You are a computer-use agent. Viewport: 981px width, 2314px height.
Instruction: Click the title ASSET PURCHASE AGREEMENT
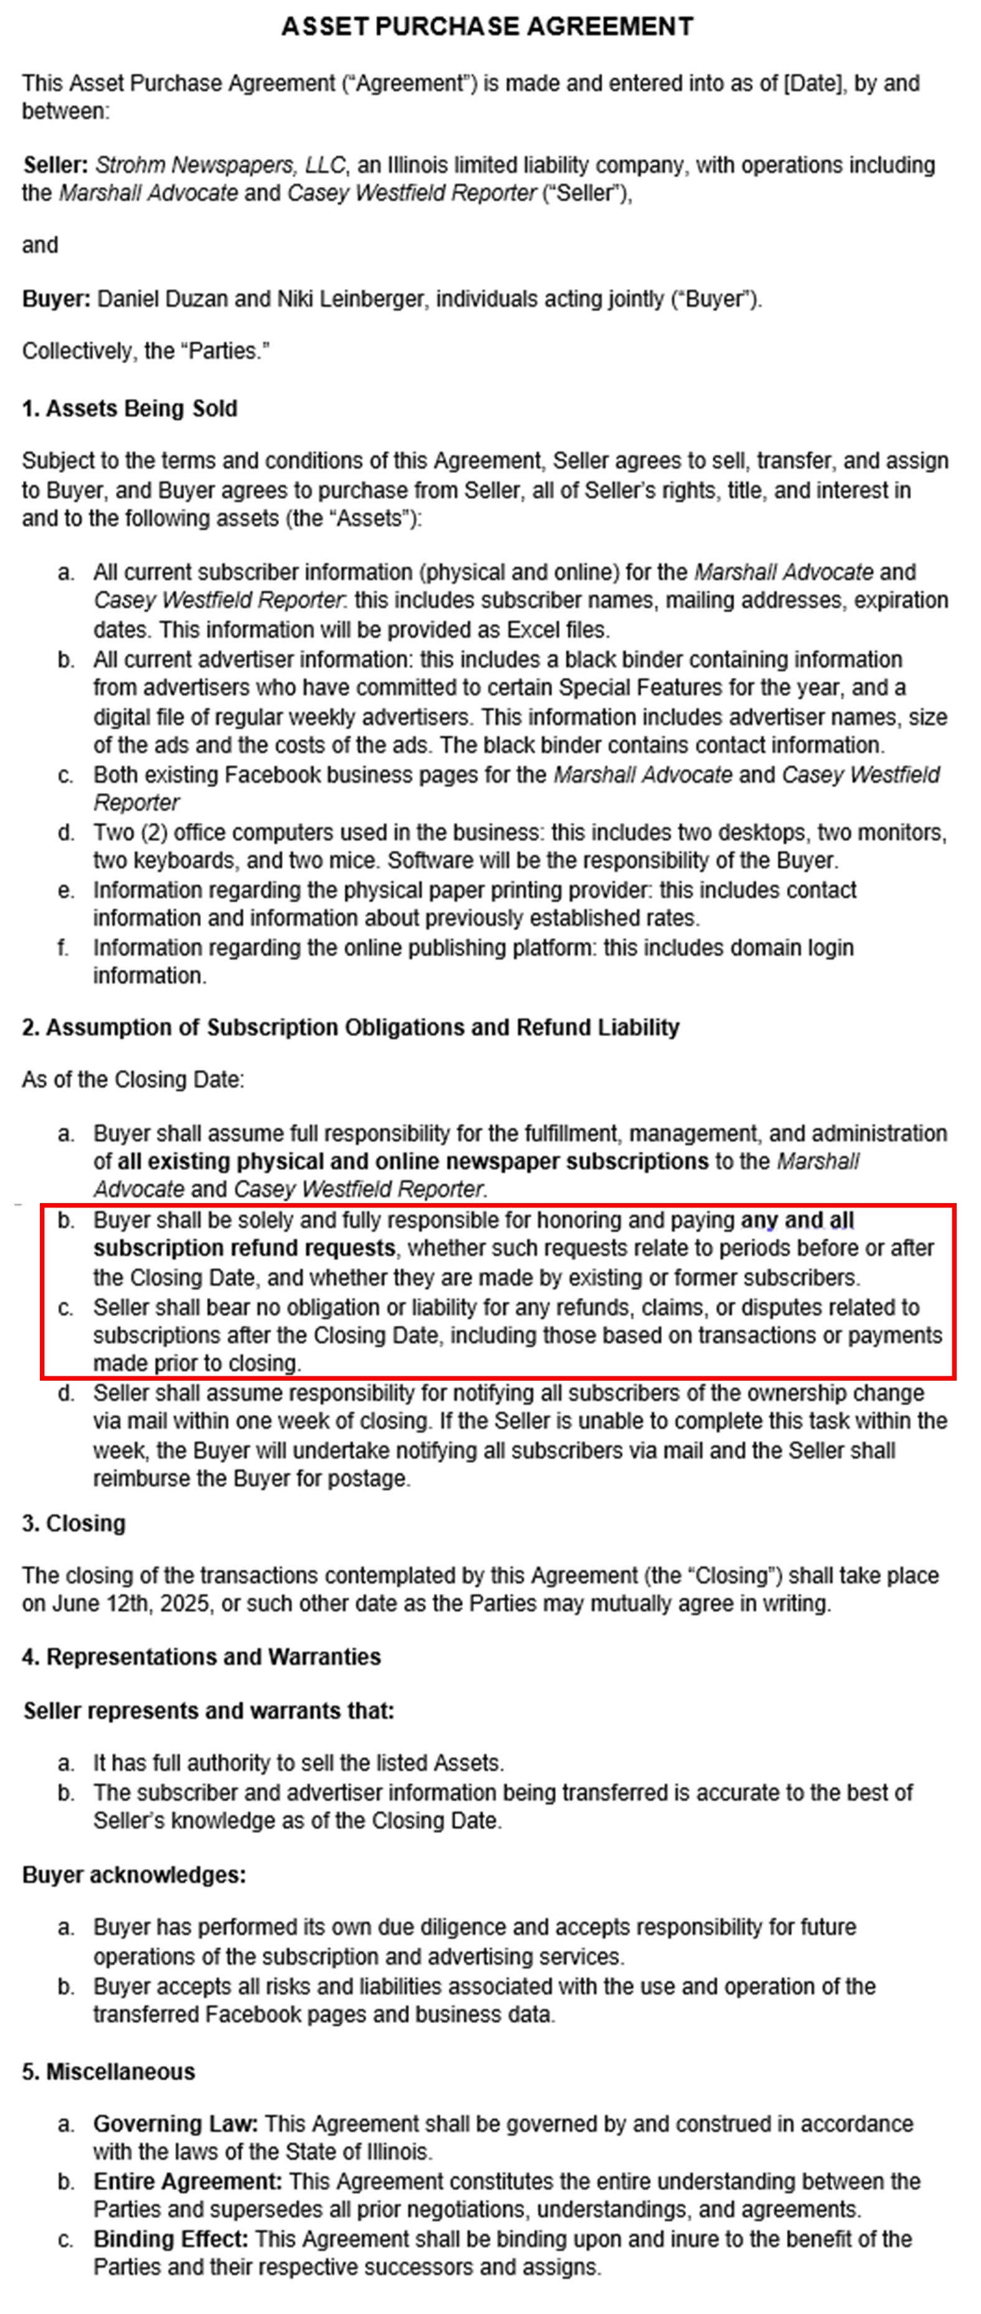click(487, 27)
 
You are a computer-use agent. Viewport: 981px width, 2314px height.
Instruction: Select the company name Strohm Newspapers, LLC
click(220, 165)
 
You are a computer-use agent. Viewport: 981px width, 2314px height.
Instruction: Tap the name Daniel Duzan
click(162, 298)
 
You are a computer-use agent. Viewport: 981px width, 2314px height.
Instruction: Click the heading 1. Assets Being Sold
click(130, 409)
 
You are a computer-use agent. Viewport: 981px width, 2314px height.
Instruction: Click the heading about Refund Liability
click(350, 1027)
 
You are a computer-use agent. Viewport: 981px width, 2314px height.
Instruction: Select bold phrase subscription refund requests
click(244, 1249)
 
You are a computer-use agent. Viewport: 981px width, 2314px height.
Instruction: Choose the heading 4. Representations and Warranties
click(201, 1657)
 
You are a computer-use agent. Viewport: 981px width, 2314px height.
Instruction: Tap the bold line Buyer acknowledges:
click(134, 1875)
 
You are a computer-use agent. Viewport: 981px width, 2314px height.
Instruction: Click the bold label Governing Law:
click(175, 2123)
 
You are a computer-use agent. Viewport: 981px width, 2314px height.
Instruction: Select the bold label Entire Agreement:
click(187, 2182)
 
